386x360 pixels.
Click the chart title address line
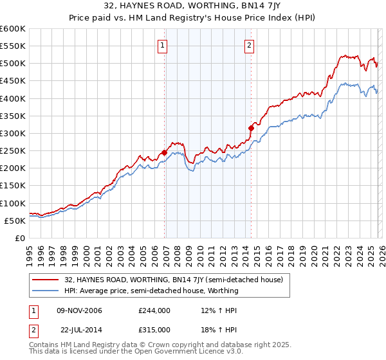pyautogui.click(x=192, y=7)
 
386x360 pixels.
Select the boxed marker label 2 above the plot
pyautogui.click(x=249, y=45)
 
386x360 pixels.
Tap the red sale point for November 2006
pyautogui.click(x=165, y=153)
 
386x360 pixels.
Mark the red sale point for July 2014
pyautogui.click(x=251, y=128)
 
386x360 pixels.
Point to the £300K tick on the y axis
pyautogui.click(x=13, y=133)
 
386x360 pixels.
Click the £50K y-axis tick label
pyautogui.click(x=15, y=221)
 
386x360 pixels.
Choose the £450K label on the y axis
pyautogui.click(x=13, y=81)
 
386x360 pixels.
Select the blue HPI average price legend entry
pyautogui.click(x=151, y=291)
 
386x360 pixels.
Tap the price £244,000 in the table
pyautogui.click(x=154, y=310)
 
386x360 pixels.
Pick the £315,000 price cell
pyautogui.click(x=154, y=329)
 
